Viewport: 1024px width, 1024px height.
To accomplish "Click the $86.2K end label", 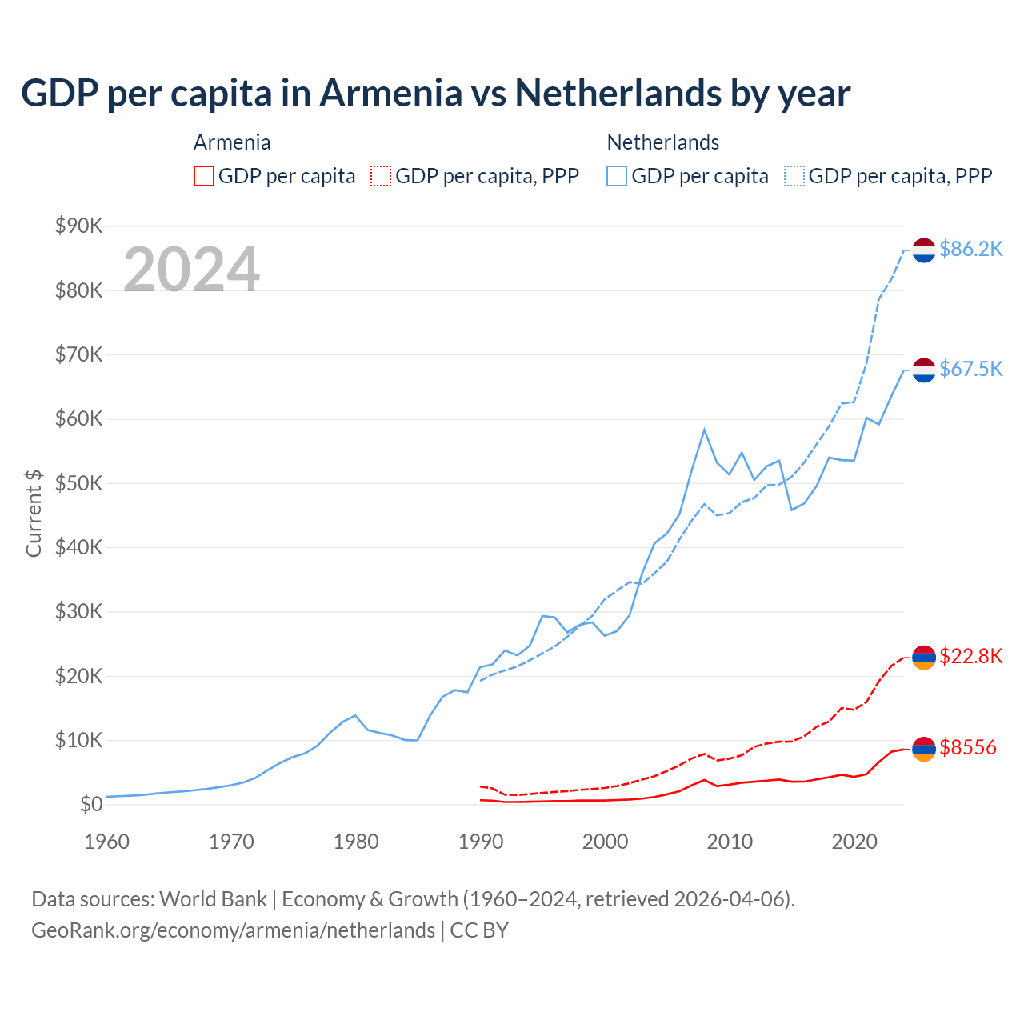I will tap(970, 249).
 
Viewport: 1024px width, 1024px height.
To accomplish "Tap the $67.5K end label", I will tap(970, 369).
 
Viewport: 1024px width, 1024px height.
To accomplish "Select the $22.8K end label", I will tap(970, 657).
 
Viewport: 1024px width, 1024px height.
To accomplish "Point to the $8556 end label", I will tap(968, 747).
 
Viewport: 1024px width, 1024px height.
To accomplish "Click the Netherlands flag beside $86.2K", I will tap(924, 250).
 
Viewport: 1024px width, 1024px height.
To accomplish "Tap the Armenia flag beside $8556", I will tap(924, 748).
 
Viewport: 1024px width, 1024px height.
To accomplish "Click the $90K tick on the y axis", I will tap(78, 226).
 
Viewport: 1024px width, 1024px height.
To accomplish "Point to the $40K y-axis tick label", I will tap(78, 547).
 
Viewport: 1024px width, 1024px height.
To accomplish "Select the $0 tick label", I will tap(90, 804).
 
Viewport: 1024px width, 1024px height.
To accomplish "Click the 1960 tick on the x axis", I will tap(106, 842).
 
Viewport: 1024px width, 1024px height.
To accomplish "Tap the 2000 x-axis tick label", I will tap(606, 842).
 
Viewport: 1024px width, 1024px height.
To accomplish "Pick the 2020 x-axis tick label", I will tap(854, 842).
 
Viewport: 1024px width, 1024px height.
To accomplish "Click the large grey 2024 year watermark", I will tap(191, 270).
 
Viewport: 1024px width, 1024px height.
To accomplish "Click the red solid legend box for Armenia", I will tap(204, 176).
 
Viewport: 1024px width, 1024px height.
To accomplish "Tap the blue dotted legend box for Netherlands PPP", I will tap(794, 176).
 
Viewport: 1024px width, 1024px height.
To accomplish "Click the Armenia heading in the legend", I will tap(232, 142).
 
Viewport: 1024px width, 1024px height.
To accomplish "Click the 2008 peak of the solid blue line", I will tap(704, 430).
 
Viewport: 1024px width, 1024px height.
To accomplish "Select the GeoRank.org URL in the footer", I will tap(233, 930).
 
